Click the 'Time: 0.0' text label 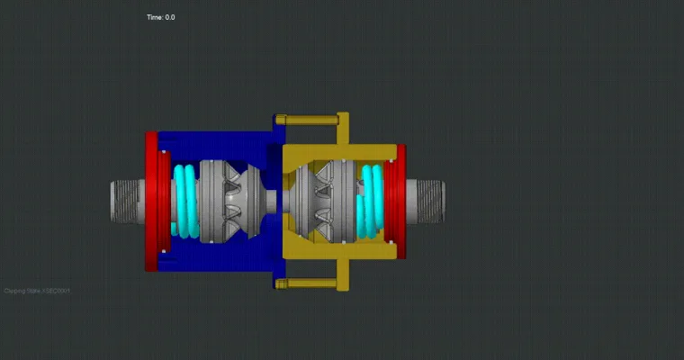tap(161, 17)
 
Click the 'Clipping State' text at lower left tap(37, 291)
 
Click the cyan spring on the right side tap(371, 202)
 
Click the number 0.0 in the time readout tap(170, 17)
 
